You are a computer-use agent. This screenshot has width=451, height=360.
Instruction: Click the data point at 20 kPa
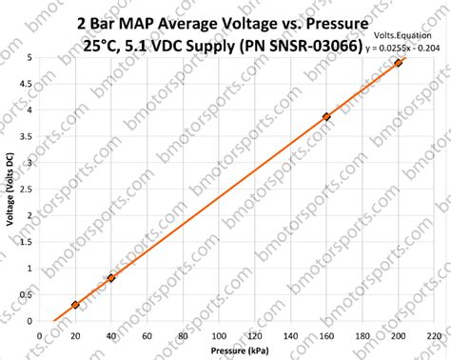[75, 305]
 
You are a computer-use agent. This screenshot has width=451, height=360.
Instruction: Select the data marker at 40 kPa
[111, 278]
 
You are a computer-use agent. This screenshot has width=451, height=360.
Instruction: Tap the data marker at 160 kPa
[326, 117]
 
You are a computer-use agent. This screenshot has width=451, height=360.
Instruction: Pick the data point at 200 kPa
[398, 63]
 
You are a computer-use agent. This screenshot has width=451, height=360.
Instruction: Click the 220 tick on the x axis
[433, 336]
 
